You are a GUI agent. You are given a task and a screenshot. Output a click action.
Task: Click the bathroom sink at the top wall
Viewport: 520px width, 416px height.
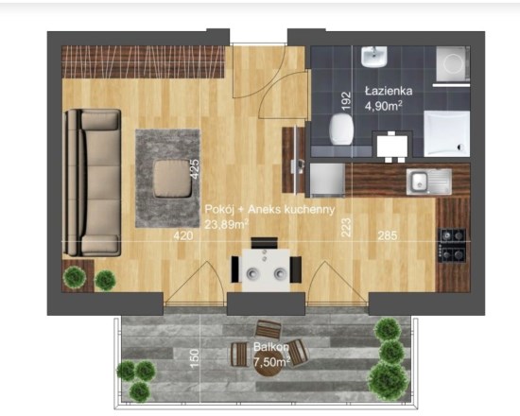click(374, 57)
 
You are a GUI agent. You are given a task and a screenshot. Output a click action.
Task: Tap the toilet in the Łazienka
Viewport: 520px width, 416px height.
click(341, 129)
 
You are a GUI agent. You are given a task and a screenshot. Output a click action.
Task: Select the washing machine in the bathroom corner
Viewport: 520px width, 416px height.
click(452, 63)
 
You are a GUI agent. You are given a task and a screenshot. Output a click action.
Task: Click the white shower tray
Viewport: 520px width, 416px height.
click(446, 133)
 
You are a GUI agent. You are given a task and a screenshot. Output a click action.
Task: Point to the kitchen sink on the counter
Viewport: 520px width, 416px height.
click(429, 182)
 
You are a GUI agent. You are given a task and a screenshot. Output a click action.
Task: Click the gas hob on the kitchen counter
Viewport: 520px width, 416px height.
click(452, 245)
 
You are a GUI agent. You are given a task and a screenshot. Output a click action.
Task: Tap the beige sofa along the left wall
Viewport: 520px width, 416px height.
click(93, 182)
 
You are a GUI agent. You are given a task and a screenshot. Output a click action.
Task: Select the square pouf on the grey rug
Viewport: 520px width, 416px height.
click(172, 179)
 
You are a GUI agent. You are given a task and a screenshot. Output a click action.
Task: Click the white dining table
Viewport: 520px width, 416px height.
click(266, 269)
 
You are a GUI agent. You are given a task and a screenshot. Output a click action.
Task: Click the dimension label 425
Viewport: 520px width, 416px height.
click(195, 169)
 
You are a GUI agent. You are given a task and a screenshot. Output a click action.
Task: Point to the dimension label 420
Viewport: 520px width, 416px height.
click(183, 235)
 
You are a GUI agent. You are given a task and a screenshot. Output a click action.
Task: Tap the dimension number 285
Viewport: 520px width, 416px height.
click(388, 235)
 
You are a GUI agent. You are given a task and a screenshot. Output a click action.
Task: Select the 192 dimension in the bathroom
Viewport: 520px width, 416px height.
click(345, 101)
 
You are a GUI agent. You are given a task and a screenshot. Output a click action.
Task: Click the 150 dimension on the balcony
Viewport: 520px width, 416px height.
click(195, 358)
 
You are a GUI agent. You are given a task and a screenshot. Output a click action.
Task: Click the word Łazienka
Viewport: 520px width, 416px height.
click(389, 91)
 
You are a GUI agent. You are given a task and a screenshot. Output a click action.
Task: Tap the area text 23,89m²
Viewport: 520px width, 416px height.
click(227, 224)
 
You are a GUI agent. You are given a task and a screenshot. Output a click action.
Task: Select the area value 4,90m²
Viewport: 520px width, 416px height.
click(384, 106)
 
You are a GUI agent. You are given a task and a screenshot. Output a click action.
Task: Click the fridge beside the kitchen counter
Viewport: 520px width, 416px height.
click(327, 181)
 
